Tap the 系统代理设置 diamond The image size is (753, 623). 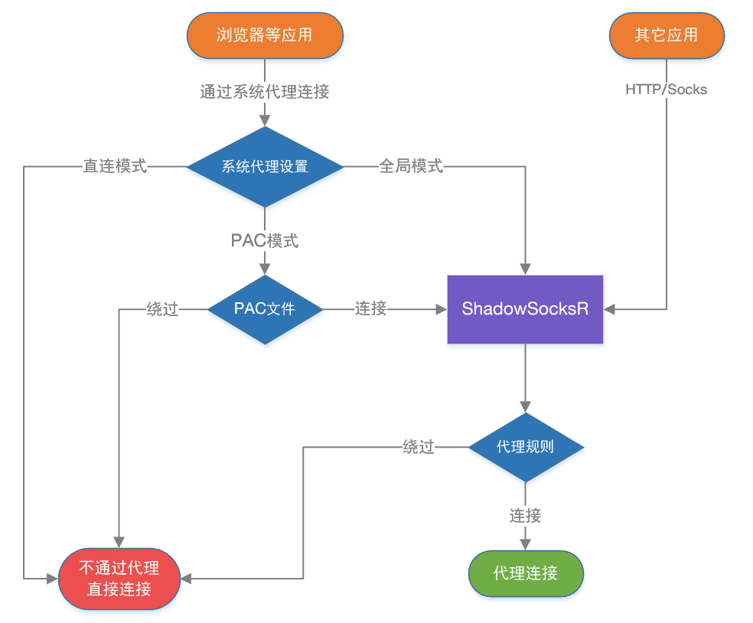pyautogui.click(x=265, y=166)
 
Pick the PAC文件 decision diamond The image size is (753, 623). pyautogui.click(x=265, y=309)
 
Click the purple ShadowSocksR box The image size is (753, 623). pyautogui.click(x=525, y=308)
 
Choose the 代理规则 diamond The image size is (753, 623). pyautogui.click(x=525, y=447)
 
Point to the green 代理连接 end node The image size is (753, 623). pyautogui.click(x=525, y=573)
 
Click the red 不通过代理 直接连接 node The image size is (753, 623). pyautogui.click(x=119, y=579)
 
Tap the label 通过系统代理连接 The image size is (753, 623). pyautogui.click(x=265, y=93)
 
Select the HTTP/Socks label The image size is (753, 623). pyautogui.click(x=666, y=90)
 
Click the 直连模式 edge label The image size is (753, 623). pyautogui.click(x=115, y=166)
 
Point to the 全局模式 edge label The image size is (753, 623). pyautogui.click(x=411, y=166)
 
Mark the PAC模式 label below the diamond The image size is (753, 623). pyautogui.click(x=265, y=240)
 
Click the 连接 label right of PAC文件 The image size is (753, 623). pyautogui.click(x=370, y=309)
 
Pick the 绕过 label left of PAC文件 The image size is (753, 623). pyautogui.click(x=162, y=309)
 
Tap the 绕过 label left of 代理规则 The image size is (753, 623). pyautogui.click(x=419, y=447)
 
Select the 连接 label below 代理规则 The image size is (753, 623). pyautogui.click(x=525, y=516)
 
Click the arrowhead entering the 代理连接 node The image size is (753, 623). pyautogui.click(x=525, y=543)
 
